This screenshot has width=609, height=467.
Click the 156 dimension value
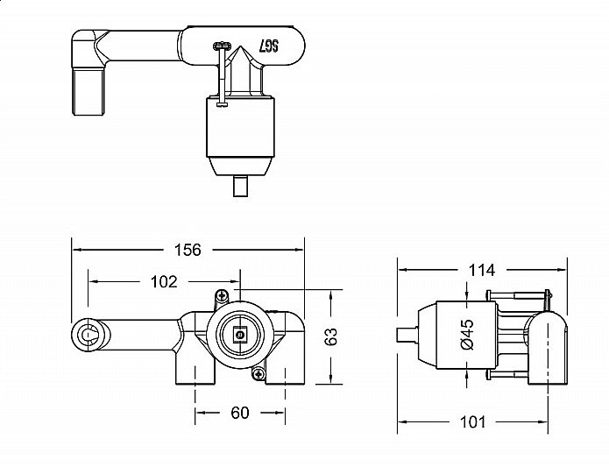188,250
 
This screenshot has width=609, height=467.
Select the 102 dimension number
164,281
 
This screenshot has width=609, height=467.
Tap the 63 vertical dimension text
331,336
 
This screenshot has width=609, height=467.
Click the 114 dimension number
481,269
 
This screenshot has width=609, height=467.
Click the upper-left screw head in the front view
223,295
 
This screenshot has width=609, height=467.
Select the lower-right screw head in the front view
258,374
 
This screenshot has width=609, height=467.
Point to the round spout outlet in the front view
88,334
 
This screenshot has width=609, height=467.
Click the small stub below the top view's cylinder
239,188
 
